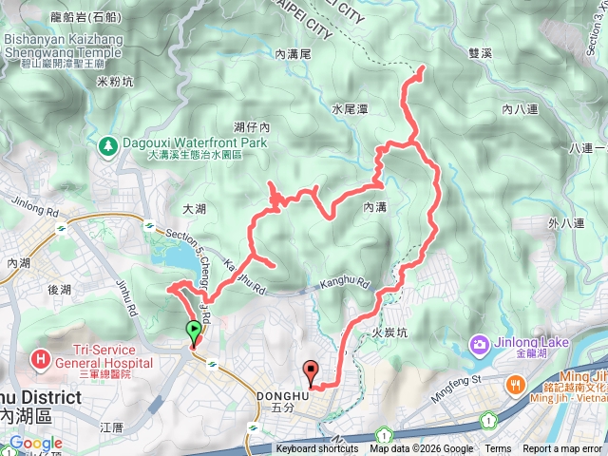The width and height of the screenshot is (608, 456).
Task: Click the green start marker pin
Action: [x=194, y=332]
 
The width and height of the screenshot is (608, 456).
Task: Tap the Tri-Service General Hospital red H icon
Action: [x=41, y=359]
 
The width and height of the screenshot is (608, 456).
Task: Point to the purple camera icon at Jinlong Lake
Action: [x=480, y=343]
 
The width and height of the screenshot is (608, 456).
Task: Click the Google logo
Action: [x=34, y=444]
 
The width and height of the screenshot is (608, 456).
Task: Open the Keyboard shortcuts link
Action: [x=318, y=449]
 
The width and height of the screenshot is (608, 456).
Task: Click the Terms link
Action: [x=498, y=449]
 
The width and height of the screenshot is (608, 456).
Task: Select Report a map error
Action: [x=562, y=449]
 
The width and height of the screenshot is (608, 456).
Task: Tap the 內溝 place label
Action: [x=374, y=206]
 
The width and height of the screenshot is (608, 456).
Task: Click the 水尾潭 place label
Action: [x=351, y=109]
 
